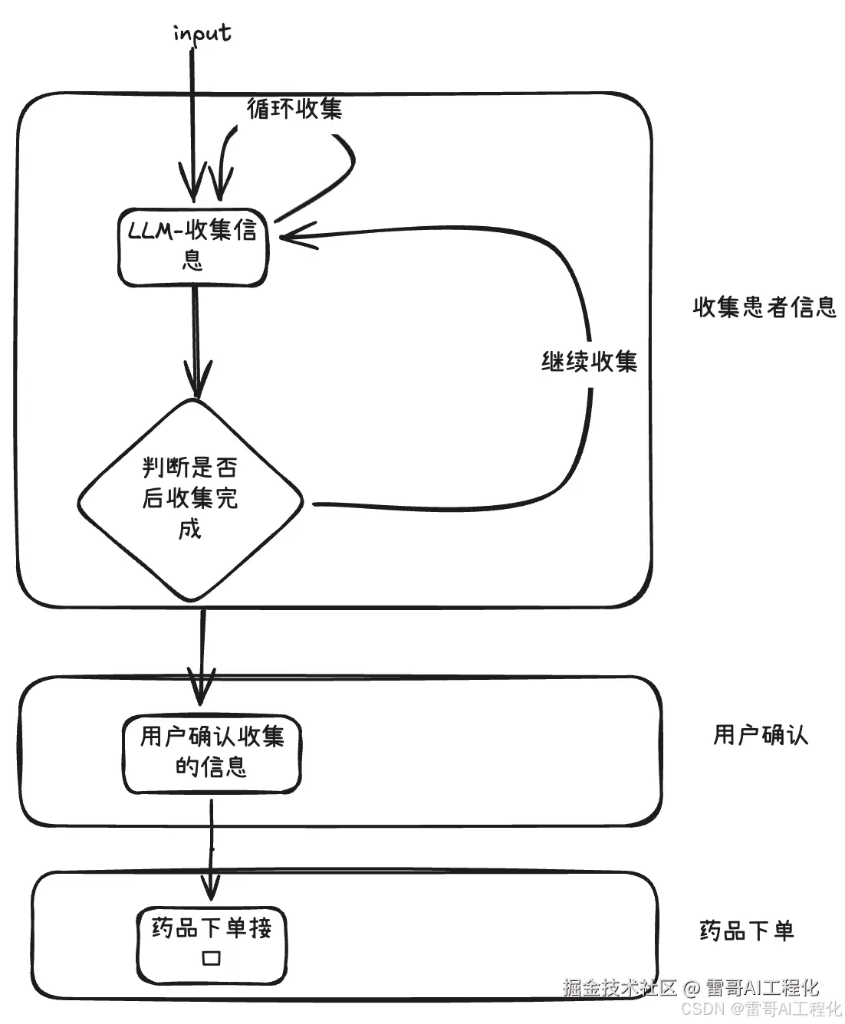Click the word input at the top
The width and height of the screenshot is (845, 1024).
(202, 34)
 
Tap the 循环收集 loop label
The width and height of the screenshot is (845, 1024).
(294, 108)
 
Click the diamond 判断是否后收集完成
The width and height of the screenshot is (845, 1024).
(191, 499)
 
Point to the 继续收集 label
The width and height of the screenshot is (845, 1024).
(589, 361)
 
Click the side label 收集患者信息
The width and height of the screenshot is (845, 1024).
(764, 307)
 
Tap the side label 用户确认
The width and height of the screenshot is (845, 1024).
(760, 735)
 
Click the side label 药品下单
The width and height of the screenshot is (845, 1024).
(746, 930)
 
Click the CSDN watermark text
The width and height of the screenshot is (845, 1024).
(702, 1009)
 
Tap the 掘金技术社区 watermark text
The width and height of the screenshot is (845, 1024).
(620, 987)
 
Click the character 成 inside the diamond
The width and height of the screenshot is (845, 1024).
(189, 530)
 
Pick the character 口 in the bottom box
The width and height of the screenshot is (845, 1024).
(211, 959)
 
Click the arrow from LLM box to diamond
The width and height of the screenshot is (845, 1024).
(196, 330)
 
